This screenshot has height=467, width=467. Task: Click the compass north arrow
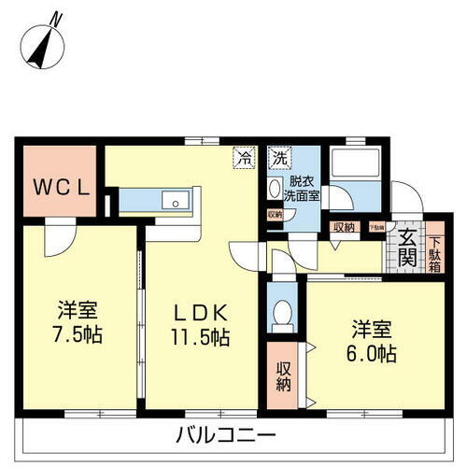click(x=43, y=42)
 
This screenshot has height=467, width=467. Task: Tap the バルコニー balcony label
click(x=225, y=435)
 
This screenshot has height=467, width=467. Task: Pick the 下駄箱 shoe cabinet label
click(x=435, y=248)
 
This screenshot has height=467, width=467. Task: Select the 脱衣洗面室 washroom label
click(x=301, y=190)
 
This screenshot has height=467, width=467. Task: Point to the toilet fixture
click(x=280, y=316)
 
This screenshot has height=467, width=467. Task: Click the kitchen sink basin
click(x=173, y=201)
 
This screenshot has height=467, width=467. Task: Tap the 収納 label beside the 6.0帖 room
click(x=285, y=375)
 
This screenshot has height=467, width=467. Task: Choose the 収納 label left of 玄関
click(x=343, y=227)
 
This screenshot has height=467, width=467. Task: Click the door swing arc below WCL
click(x=59, y=239)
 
